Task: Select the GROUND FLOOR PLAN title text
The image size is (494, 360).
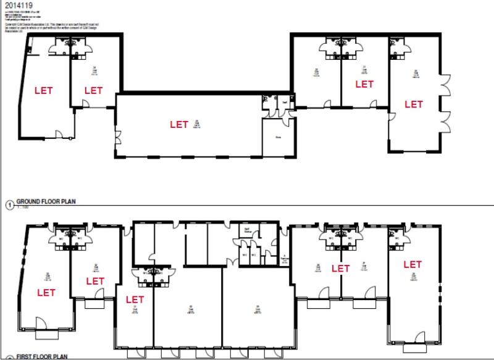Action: click(45, 201)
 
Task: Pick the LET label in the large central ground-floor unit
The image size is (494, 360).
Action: click(179, 124)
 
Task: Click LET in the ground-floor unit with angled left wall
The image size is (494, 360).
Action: click(43, 90)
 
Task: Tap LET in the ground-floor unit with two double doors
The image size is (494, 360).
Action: click(413, 104)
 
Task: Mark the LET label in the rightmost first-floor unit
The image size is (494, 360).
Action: click(412, 264)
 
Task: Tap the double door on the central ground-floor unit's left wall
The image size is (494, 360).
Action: click(116, 140)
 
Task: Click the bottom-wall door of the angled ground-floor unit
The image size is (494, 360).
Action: click(59, 133)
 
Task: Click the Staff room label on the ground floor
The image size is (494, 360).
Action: click(285, 103)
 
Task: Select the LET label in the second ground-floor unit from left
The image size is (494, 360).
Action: click(93, 90)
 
